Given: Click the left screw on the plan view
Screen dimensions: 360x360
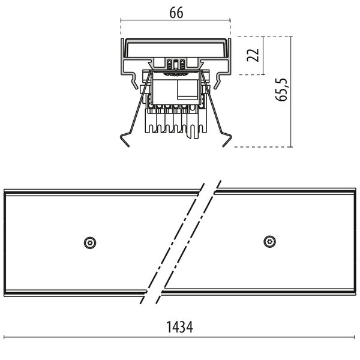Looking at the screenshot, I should click(x=90, y=242).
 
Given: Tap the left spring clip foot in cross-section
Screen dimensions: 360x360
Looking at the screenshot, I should click(x=127, y=139).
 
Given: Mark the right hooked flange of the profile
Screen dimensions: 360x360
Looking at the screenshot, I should click(x=226, y=78).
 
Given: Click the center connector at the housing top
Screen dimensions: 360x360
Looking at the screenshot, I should click(x=176, y=63).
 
